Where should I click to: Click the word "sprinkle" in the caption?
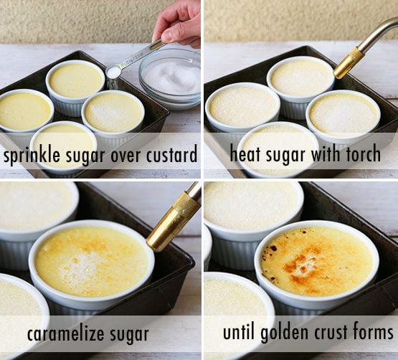pos(32,155)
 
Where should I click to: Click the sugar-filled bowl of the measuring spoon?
pos(113,72)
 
